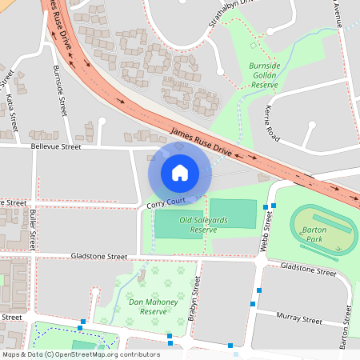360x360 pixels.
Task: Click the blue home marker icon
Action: pos(179,172)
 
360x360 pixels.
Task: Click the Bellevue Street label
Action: pos(56,147)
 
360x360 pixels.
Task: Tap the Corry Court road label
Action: pos(166,205)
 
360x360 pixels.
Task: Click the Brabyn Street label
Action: pos(193,305)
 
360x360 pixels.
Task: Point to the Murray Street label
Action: pos(300,319)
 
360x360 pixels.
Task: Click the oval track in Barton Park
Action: pos(319,231)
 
